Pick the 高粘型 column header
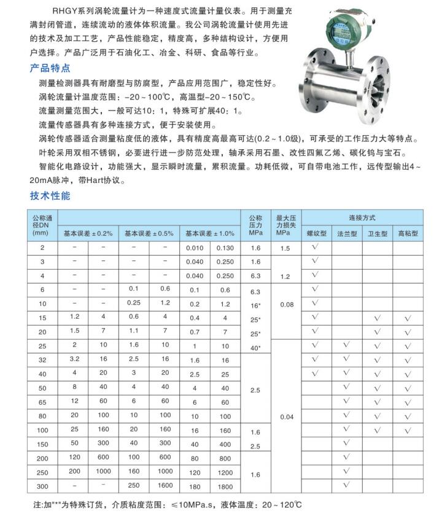click(408, 234)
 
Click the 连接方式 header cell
click(362, 218)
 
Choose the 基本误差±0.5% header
click(149, 234)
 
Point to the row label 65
click(42, 402)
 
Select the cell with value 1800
click(225, 486)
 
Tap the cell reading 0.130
click(225, 248)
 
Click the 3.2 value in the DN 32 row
click(74, 359)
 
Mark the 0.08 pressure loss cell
click(286, 303)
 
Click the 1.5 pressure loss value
click(286, 248)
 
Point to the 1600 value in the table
click(165, 486)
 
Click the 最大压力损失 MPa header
click(286, 225)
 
